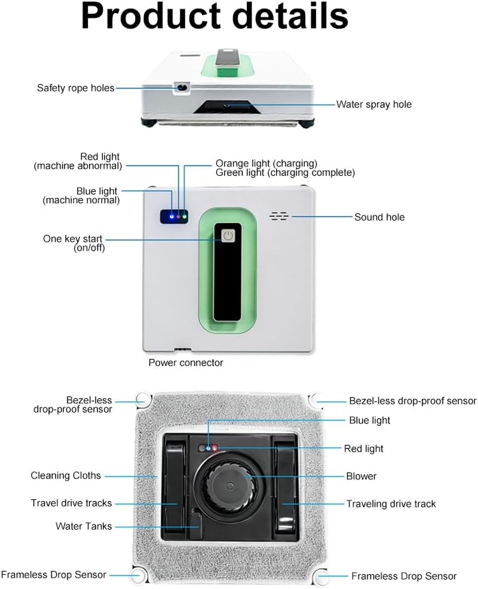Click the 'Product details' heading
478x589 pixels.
(215, 17)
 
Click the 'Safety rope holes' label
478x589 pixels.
(75, 88)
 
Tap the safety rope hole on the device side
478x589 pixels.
(179, 88)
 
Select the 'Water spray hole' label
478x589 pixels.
(373, 104)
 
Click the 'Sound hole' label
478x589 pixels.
(379, 217)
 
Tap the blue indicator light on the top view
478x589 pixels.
(172, 216)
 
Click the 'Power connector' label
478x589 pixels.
(185, 362)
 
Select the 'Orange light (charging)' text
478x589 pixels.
(266, 163)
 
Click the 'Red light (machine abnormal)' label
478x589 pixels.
(78, 161)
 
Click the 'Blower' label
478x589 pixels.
(361, 476)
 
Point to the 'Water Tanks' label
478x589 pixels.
(84, 526)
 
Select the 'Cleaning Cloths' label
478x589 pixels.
(66, 475)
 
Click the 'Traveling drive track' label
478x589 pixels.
(391, 503)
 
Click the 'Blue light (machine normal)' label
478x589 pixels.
(81, 196)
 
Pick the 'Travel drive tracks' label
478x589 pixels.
(71, 503)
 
